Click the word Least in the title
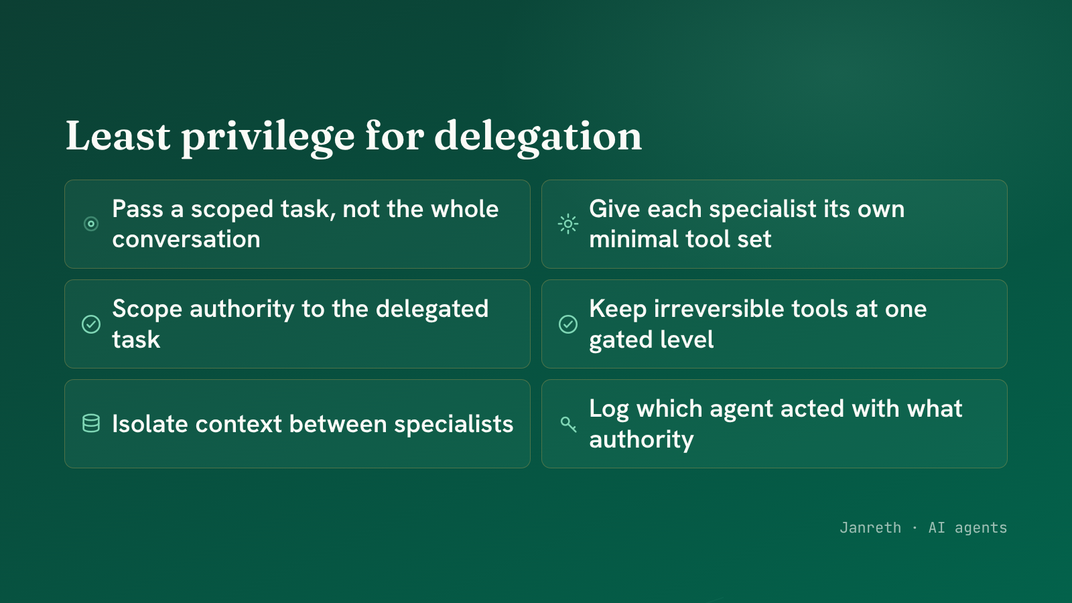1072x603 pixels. pos(118,136)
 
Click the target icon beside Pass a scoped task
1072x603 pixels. pos(91,224)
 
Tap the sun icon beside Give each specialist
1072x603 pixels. pos(568,224)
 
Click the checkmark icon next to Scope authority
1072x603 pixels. pos(91,324)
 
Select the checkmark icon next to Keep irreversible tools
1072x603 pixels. pos(568,324)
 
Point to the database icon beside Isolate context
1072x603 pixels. pos(91,423)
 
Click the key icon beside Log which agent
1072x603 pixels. pos(568,424)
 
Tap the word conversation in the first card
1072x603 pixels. pos(186,239)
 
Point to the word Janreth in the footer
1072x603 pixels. pos(870,527)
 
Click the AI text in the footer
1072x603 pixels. pos(937,527)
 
